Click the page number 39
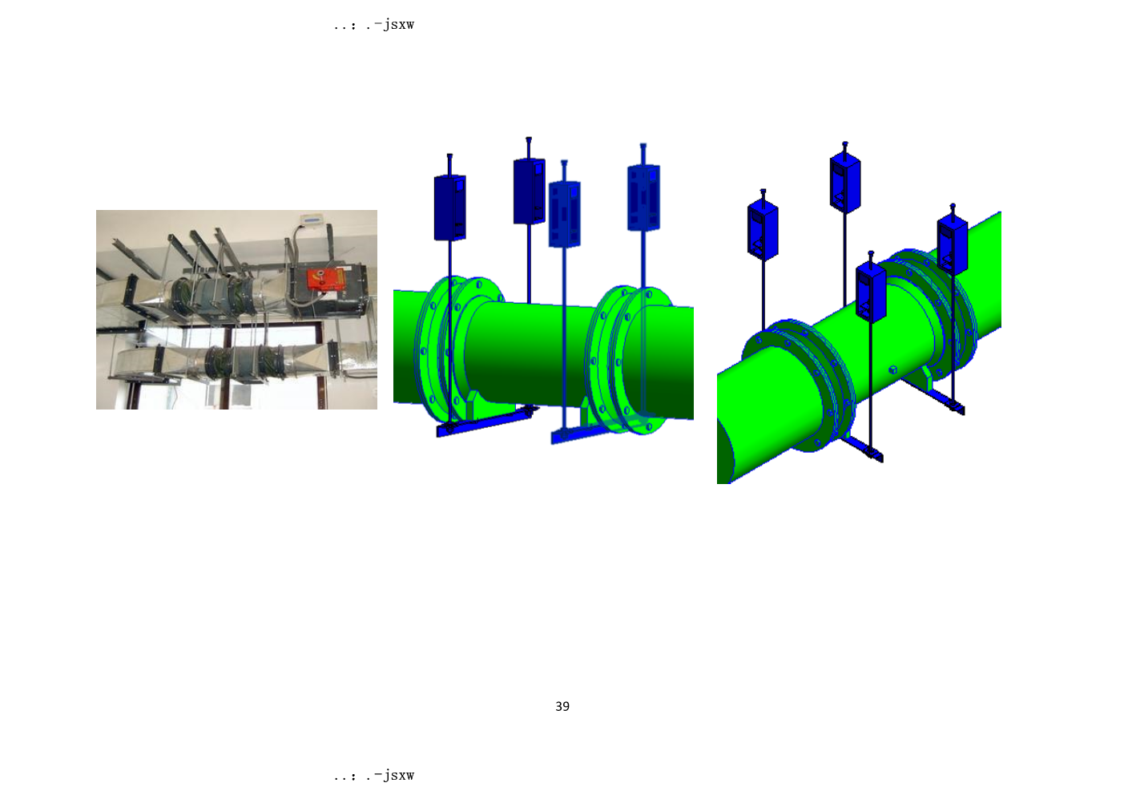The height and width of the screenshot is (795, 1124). pos(562,706)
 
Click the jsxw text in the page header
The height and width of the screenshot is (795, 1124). pos(398,24)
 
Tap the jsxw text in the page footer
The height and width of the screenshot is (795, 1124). pos(398,775)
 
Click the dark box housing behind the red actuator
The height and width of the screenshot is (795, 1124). pos(328,291)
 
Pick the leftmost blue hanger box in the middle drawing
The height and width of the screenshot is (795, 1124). pos(449,208)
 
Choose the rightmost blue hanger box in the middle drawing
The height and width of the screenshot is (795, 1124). pos(643,198)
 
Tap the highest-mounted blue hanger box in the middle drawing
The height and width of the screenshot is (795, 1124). pos(529,192)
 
